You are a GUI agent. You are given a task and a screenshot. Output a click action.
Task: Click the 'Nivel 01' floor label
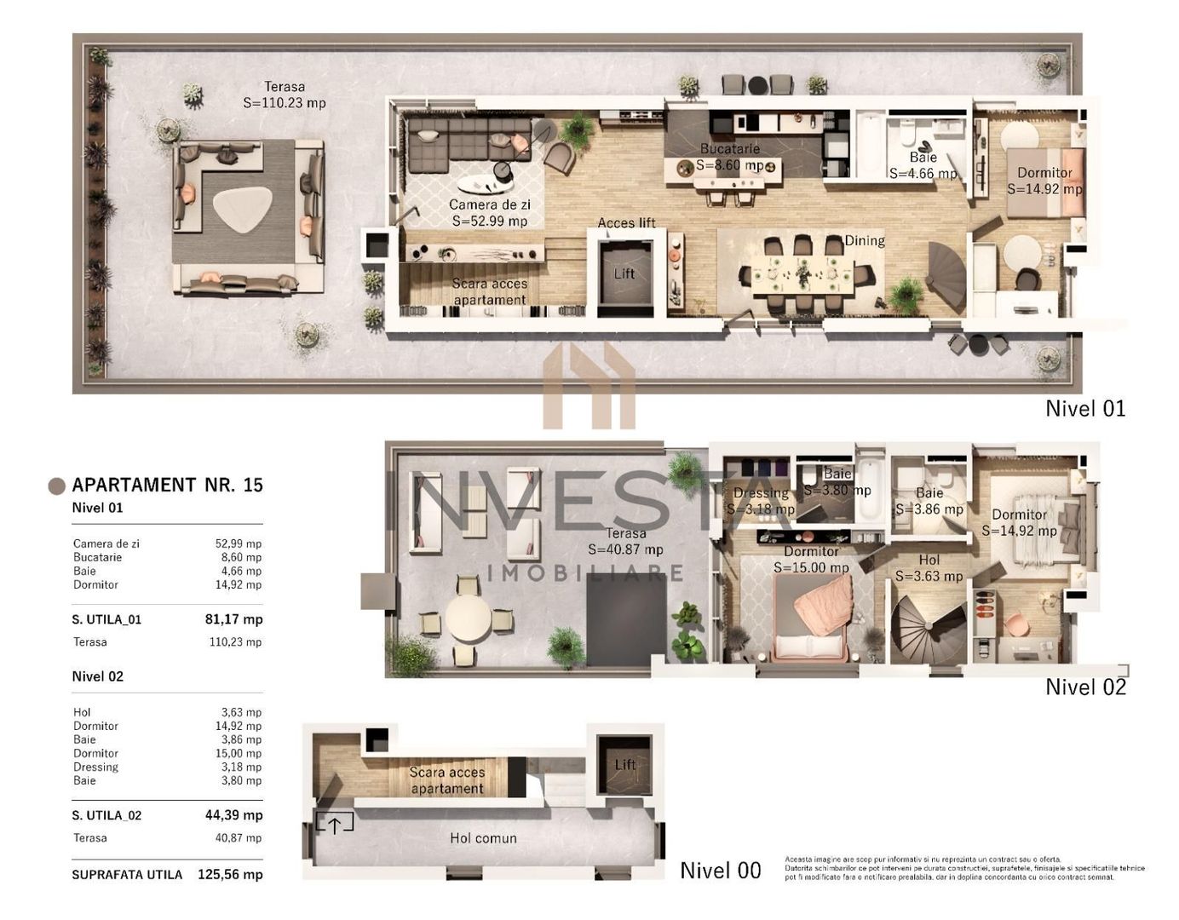[1084, 409]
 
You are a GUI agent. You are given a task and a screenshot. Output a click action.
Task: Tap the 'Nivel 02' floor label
[1084, 687]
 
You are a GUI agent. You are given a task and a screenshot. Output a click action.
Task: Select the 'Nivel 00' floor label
[720, 871]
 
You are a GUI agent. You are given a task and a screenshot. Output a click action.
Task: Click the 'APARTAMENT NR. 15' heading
[167, 485]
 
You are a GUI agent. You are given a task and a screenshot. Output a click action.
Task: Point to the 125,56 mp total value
[230, 874]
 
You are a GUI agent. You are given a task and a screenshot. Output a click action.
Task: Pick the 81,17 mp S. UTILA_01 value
[233, 619]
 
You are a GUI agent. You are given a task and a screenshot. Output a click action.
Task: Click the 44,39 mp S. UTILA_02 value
[233, 815]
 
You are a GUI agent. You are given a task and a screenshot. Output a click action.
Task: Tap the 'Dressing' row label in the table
[95, 767]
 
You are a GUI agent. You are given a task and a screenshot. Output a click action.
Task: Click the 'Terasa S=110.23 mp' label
[284, 95]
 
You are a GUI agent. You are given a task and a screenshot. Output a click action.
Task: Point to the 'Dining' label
[864, 241]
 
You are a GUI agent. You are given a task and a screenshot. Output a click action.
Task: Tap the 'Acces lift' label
[626, 223]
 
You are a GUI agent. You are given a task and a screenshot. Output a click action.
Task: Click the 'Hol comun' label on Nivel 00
[483, 838]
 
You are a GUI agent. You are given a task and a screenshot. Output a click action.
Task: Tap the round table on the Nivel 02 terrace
[468, 618]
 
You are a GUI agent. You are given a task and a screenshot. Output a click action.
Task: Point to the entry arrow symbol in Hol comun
[334, 824]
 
